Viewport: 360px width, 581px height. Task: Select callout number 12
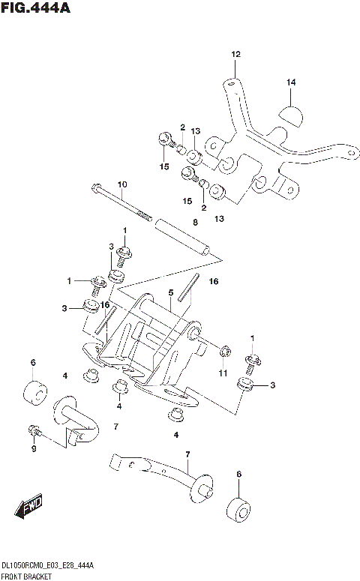(x=235, y=54)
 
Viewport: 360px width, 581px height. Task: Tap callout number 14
(x=291, y=82)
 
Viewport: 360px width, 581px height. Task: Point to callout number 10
(x=122, y=184)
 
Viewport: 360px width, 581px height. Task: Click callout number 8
(x=194, y=223)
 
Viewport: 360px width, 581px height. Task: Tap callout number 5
(x=171, y=292)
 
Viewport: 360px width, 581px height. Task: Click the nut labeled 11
(x=223, y=352)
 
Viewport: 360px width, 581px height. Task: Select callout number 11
(x=223, y=373)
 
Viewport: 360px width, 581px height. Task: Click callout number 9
(x=33, y=449)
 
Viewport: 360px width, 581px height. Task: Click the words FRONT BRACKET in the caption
(x=26, y=575)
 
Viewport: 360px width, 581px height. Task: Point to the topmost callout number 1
(x=125, y=230)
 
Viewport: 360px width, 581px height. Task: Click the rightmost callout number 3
(x=273, y=385)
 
